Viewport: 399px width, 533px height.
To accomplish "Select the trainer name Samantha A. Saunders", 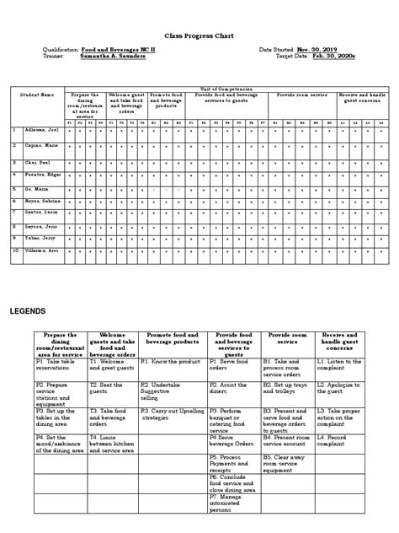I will [x=116, y=57].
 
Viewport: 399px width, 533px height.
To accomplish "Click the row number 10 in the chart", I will [x=14, y=250].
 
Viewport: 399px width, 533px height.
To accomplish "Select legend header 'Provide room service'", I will [x=288, y=338].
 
